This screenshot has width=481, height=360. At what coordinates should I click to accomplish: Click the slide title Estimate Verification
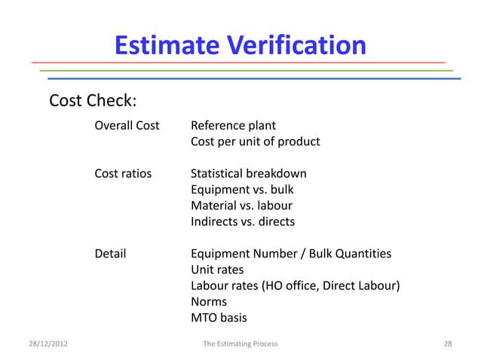click(x=240, y=45)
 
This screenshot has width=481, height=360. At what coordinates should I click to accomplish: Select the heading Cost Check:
click(x=92, y=101)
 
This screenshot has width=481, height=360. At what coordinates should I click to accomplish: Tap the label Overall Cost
click(x=127, y=125)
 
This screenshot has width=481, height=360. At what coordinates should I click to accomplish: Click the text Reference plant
click(x=233, y=125)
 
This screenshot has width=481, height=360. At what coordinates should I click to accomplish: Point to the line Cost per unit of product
click(x=255, y=142)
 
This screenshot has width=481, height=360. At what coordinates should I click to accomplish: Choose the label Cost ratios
click(x=122, y=174)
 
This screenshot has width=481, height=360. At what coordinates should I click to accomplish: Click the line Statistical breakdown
click(x=248, y=174)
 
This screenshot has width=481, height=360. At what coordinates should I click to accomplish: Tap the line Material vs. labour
click(x=241, y=206)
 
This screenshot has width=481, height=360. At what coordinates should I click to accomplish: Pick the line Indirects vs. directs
click(x=243, y=222)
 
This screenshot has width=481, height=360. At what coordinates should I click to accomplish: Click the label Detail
click(x=110, y=254)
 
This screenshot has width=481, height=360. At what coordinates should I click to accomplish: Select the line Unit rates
click(x=217, y=270)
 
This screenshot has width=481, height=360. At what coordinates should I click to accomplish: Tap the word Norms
click(x=208, y=302)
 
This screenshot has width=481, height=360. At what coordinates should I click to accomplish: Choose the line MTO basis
click(x=219, y=318)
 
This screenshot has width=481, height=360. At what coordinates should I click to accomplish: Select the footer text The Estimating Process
click(x=240, y=343)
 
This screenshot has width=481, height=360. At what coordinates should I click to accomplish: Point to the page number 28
click(x=448, y=343)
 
